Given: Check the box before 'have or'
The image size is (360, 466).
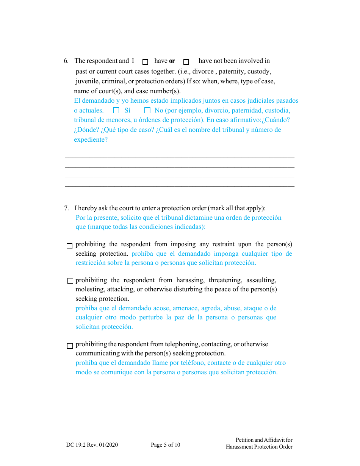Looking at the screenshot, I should pos(145,62).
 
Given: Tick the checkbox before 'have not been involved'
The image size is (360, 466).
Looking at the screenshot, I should pos(186,62).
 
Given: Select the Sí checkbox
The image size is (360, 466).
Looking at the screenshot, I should pos(116,111).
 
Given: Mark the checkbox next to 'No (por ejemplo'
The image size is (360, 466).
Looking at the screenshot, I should pos(147,111).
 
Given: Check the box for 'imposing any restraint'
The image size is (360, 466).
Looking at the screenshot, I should pos(69,246).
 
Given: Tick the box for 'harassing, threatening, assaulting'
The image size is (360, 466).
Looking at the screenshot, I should pos(70,281).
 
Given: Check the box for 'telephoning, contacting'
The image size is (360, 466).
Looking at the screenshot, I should pos(70,346).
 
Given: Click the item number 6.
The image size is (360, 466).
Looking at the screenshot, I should pos(66,61).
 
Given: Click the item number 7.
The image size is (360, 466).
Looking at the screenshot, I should pos(66,208).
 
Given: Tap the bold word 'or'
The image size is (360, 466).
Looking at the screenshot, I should pos(172,61).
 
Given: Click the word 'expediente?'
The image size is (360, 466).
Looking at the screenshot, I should pos(91,139).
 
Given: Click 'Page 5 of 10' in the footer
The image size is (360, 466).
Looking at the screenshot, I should pos(165,445).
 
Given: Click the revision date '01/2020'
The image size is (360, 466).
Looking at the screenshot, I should pos(108,445).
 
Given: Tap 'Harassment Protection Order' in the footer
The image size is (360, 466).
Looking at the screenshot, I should pos(259,447).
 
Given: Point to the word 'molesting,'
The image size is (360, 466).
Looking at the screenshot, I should pos(89,289).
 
